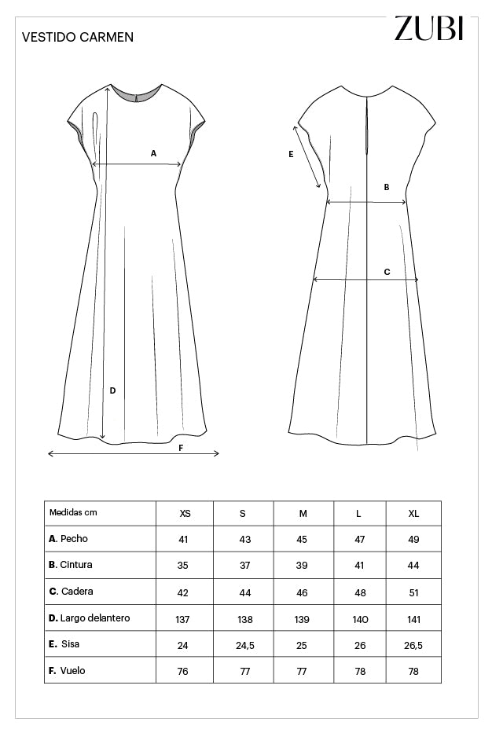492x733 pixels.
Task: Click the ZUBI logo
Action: tap(429, 27)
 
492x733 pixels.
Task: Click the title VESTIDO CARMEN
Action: tap(67, 37)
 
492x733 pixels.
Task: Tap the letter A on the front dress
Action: tap(154, 153)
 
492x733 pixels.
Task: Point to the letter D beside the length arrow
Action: tap(112, 390)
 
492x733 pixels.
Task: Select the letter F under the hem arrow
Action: tap(181, 448)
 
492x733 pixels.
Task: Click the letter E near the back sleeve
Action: tap(291, 155)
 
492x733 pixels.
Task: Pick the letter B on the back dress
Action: tap(386, 187)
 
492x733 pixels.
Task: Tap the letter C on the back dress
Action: tap(387, 272)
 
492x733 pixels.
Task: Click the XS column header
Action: tap(185, 513)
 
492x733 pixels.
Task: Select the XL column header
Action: tap(413, 513)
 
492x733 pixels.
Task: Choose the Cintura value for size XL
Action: tap(413, 566)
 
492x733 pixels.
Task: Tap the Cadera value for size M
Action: tap(303, 592)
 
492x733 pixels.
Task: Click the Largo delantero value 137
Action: tap(182, 619)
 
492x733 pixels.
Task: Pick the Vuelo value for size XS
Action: tap(182, 672)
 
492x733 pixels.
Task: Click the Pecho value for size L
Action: tap(358, 540)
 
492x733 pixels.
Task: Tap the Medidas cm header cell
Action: tap(74, 512)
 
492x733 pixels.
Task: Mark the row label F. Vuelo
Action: tap(67, 671)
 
